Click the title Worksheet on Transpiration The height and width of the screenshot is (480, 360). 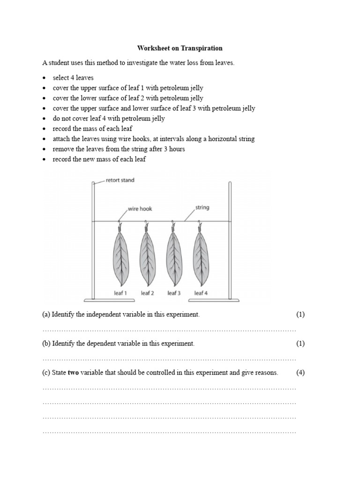tap(180, 48)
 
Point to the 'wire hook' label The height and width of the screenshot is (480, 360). tap(139, 209)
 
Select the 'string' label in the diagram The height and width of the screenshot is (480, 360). tap(202, 207)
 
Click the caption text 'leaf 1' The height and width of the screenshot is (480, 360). tap(120, 293)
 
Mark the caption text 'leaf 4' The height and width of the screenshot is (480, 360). tap(201, 293)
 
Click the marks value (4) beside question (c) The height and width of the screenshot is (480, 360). tap(300, 373)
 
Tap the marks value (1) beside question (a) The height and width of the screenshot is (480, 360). tap(300, 315)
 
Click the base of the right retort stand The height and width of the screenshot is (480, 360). tap(230, 300)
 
